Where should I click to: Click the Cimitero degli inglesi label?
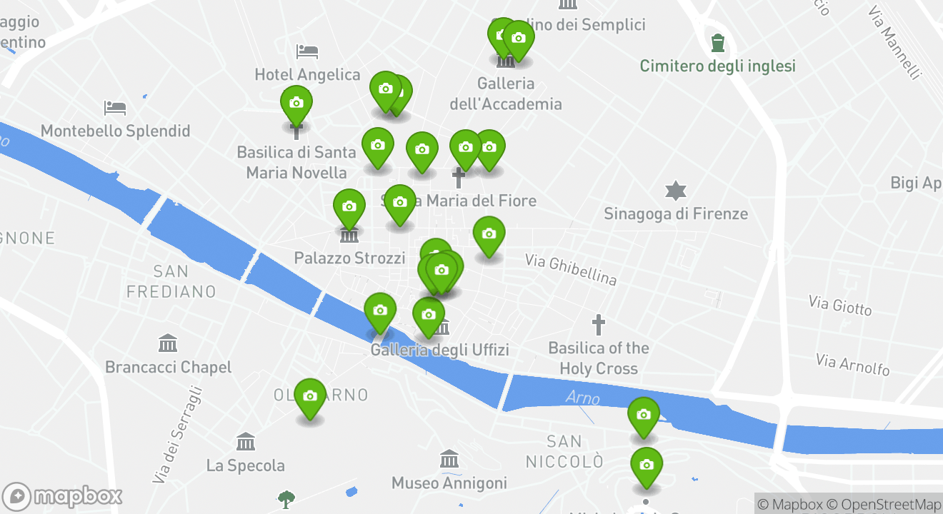717,66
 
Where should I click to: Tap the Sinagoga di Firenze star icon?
675,191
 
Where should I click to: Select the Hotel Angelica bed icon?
307,51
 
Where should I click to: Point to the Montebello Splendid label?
115,131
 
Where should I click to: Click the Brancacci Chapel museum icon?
168,343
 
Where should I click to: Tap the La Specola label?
245,465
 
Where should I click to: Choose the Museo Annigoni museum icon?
449,459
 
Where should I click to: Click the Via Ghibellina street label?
571,269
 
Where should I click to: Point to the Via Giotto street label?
840,306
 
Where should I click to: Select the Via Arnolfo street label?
853,364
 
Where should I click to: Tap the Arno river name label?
583,398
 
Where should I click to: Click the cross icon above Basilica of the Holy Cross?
599,325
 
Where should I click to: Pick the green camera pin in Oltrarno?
310,397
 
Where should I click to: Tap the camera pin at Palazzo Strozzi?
349,208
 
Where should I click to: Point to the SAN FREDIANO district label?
171,281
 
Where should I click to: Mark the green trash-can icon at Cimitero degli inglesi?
718,42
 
